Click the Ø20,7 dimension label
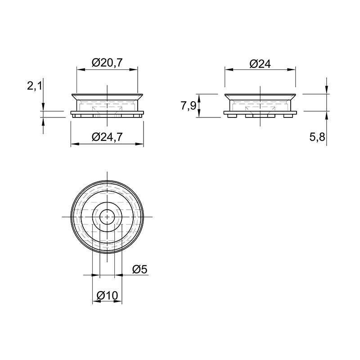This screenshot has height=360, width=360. pos(107,63)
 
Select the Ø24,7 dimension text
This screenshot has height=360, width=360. pos(107,137)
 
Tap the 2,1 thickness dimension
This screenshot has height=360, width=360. pos(35,86)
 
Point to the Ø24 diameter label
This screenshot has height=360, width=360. pos(260,64)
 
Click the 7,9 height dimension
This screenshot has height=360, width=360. pos(188,106)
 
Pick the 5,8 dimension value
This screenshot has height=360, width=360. pos(317,137)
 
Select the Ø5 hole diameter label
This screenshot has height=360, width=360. pos(140,269)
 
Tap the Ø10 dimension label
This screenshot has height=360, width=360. pos(107,296)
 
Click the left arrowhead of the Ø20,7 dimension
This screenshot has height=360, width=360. pos(80,70)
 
